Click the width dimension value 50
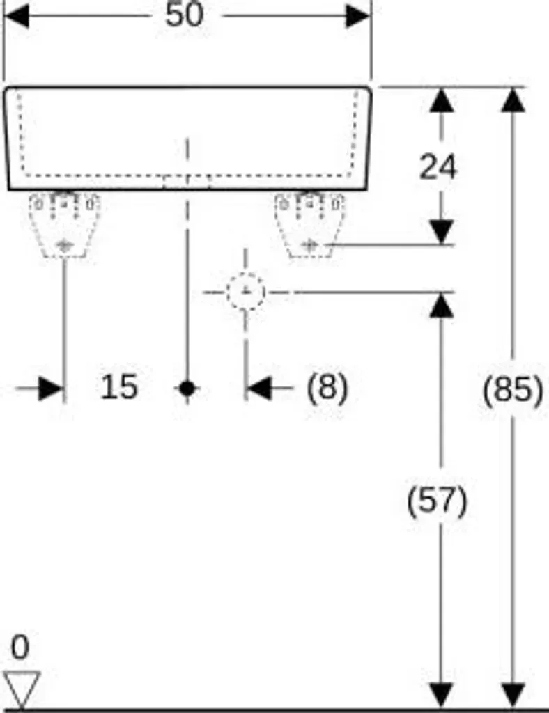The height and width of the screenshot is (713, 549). (x=184, y=15)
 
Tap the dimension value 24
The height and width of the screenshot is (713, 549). (x=437, y=167)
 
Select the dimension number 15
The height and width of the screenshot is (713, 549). (x=118, y=387)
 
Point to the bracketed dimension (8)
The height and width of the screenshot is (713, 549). (x=327, y=387)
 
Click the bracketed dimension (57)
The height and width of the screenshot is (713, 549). (x=437, y=501)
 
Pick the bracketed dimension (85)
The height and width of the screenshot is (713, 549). (x=513, y=390)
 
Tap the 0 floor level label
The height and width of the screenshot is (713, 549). (x=20, y=647)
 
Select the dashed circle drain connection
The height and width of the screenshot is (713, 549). (x=246, y=292)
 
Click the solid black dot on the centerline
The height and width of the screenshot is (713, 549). (x=187, y=389)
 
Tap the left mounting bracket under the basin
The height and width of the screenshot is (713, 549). (x=64, y=225)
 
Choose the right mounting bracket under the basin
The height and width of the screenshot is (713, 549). (x=309, y=225)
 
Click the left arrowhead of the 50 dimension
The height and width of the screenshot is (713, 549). (x=17, y=16)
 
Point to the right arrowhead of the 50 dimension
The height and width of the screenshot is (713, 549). (x=358, y=16)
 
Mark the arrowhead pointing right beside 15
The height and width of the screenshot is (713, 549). (x=50, y=389)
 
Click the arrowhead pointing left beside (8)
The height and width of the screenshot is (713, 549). (x=258, y=389)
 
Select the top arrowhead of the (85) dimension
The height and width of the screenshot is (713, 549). (x=513, y=100)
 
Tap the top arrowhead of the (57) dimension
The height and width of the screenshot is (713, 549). (x=441, y=305)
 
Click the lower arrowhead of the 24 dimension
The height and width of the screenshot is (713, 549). (x=441, y=233)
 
